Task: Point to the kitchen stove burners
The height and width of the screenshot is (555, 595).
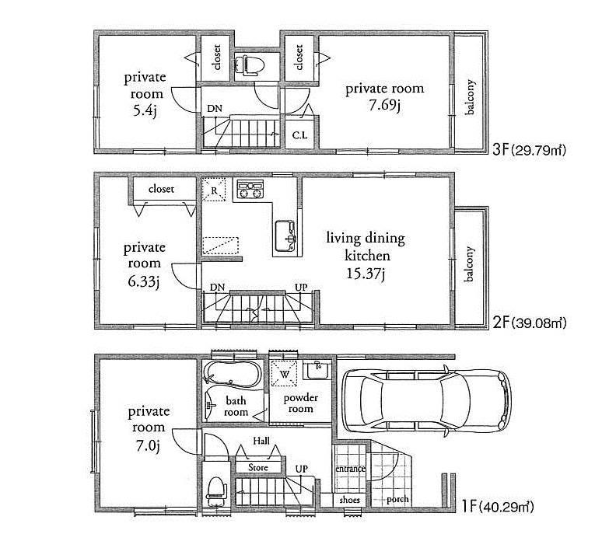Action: coord(250,189)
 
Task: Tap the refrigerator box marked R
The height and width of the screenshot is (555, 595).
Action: coord(214,189)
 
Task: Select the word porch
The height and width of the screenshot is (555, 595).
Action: coord(398,499)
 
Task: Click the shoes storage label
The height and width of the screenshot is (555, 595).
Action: coord(350,500)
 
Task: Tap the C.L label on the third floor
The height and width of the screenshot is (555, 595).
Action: coord(299,134)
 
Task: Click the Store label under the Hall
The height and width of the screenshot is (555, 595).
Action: coord(257,468)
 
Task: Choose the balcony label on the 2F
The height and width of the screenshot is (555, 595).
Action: coord(469,267)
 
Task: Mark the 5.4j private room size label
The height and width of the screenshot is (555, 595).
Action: coord(145,110)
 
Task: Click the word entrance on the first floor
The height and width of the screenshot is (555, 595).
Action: coord(350,469)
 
